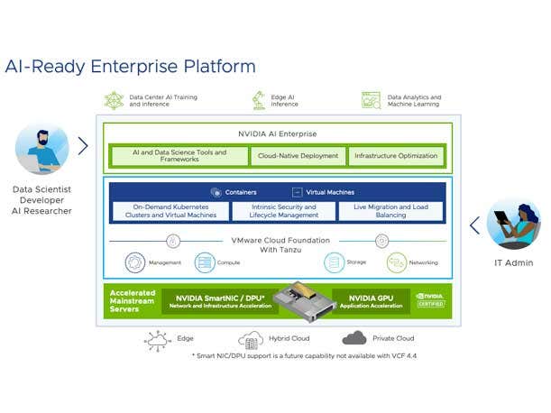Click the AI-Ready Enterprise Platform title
[130, 67]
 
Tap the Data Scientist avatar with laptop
[41, 149]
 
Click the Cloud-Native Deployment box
[298, 156]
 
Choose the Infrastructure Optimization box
[396, 156]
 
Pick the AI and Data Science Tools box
[179, 156]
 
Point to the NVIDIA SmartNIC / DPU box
[214, 299]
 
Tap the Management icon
[135, 263]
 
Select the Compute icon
[205, 263]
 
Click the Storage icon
[335, 263]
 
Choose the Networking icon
[397, 263]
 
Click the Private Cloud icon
[354, 338]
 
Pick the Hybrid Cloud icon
[250, 340]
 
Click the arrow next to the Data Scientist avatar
[83, 145]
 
